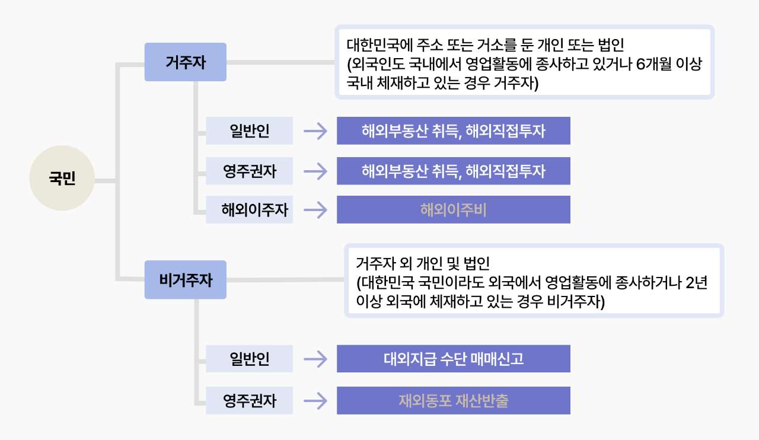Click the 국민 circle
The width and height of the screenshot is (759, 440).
[62, 178]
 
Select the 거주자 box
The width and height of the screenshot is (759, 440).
[185, 62]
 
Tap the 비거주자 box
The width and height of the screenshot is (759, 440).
[185, 279]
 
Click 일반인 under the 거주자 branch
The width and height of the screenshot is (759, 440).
[249, 130]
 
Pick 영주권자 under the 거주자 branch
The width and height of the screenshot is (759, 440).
[249, 171]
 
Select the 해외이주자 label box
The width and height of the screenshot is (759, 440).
[249, 209]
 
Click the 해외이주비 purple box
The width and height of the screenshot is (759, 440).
[453, 209]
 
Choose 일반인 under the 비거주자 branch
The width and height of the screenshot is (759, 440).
[249, 358]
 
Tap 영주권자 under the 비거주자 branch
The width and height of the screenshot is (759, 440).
[249, 400]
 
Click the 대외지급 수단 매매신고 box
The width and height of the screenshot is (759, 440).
[453, 358]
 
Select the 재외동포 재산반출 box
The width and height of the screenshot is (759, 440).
[453, 400]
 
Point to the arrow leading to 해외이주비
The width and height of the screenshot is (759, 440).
[315, 209]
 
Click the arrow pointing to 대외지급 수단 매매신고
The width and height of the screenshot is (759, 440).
[315, 358]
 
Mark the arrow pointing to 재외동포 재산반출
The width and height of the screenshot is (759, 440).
[315, 400]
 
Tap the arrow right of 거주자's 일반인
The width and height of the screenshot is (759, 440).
[315, 130]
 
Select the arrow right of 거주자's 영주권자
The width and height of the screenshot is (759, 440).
[315, 171]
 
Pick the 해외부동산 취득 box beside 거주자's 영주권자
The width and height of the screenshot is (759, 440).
[453, 171]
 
